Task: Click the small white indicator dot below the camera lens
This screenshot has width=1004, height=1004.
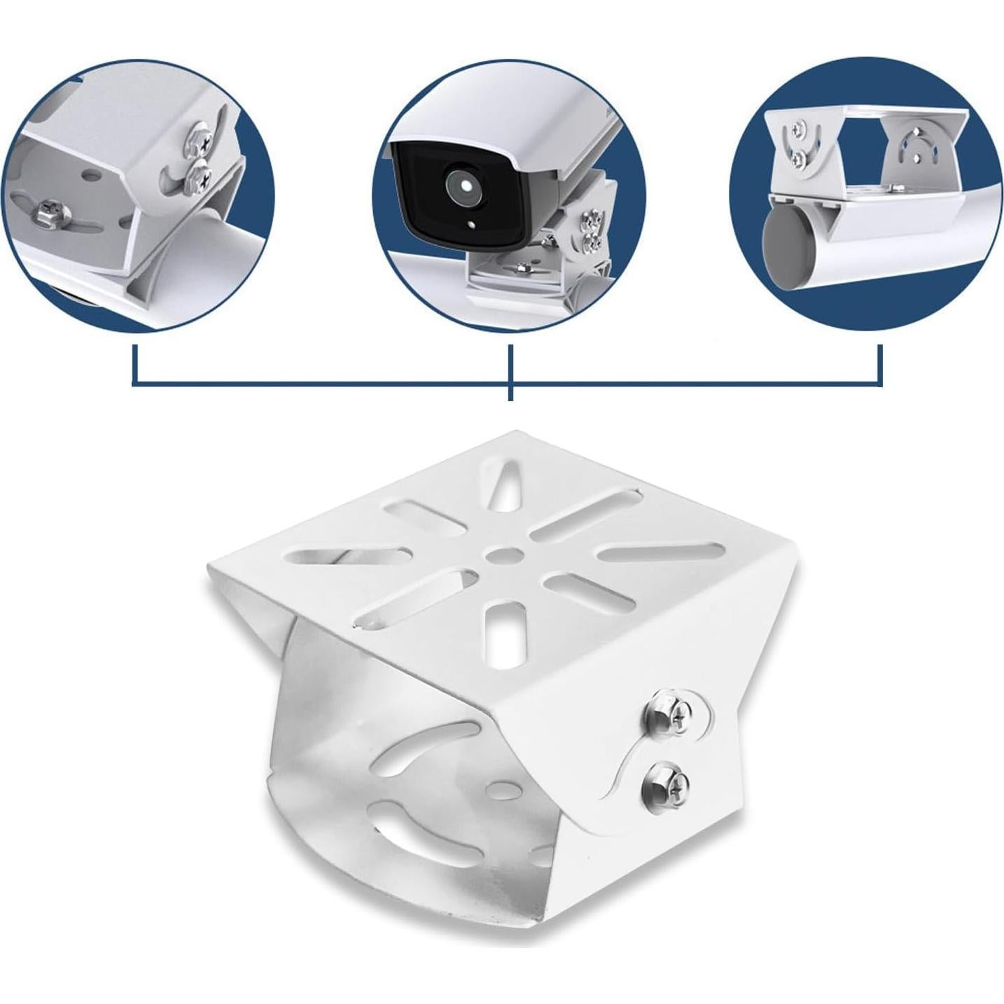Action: click(471, 225)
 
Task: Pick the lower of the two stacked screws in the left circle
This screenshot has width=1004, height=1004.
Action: click(198, 176)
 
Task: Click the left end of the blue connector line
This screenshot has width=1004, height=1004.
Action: click(134, 364)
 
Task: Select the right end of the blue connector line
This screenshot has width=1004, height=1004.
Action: click(880, 364)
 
